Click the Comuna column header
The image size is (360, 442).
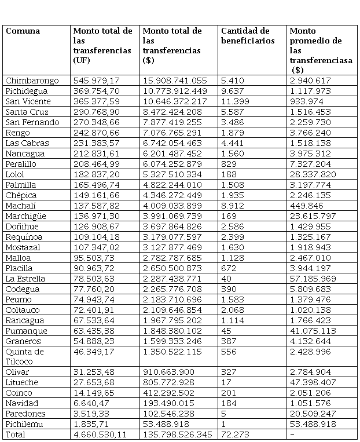pyautogui.click(x=23, y=31)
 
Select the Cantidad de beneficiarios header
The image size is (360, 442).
pyautogui.click(x=245, y=35)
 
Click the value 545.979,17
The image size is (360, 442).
pyautogui.click(x=97, y=81)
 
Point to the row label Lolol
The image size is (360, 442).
pyautogui.click(x=16, y=174)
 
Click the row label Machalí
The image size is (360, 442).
pyautogui.click(x=20, y=206)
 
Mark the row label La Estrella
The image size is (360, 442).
pyautogui.click(x=25, y=279)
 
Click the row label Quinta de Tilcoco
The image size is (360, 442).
pyautogui.click(x=24, y=356)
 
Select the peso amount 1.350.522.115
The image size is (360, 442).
pyautogui.click(x=172, y=352)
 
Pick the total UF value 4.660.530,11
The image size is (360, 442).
pyautogui.click(x=100, y=434)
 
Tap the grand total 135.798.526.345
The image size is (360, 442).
pyautogui.click(x=177, y=434)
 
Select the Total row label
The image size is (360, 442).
pyautogui.click(x=15, y=434)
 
